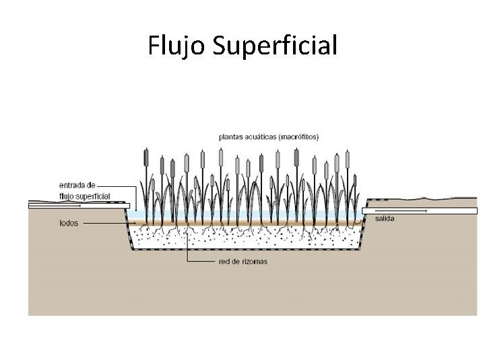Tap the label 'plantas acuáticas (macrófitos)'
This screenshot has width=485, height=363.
[269, 136]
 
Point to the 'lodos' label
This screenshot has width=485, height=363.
[69, 223]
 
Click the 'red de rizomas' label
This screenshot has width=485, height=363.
[243, 261]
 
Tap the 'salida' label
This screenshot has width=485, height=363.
[385, 218]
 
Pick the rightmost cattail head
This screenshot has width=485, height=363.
[348, 160]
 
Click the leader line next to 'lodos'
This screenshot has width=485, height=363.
[104, 223]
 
